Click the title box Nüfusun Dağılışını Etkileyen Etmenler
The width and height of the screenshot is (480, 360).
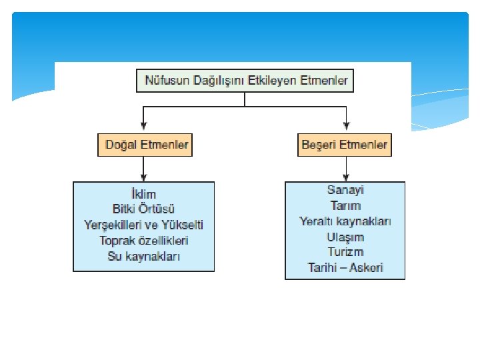(x=245, y=81)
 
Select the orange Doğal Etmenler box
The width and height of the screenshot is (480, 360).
(x=145, y=145)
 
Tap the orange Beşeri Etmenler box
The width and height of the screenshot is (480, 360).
(x=345, y=145)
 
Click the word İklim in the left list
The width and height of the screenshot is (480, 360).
(x=143, y=194)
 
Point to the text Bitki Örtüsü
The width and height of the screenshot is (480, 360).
(x=144, y=209)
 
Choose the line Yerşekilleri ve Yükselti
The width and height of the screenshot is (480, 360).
(x=144, y=225)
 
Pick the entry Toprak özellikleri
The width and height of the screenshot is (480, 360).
(x=144, y=240)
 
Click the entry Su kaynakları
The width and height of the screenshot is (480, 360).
(x=144, y=256)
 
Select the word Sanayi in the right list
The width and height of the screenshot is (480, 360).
(x=345, y=190)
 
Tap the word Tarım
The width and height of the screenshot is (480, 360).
(x=345, y=205)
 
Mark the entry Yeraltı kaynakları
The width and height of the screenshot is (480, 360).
(x=345, y=221)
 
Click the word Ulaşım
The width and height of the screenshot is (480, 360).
(x=345, y=237)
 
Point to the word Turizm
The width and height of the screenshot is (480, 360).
(x=345, y=252)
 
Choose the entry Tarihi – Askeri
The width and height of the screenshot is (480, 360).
(x=345, y=268)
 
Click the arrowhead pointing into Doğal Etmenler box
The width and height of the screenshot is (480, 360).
(x=144, y=127)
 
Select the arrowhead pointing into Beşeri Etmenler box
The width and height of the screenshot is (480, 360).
(x=345, y=127)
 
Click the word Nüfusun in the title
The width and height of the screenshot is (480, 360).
(x=164, y=81)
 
